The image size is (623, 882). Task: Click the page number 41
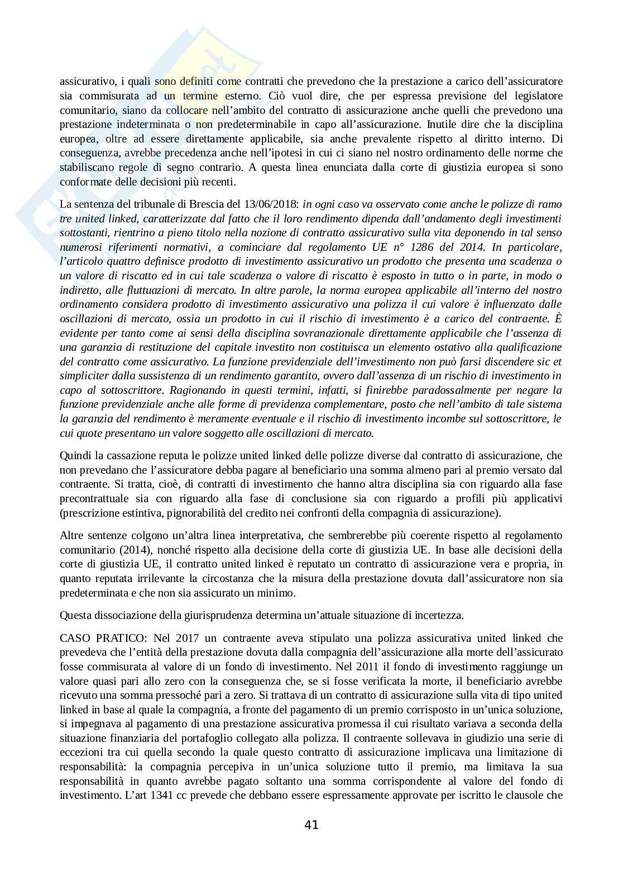point(311,824)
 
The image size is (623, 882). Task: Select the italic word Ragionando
point(196,390)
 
